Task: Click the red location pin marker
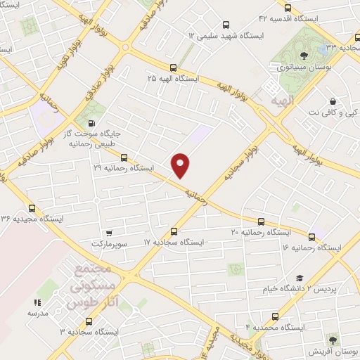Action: click(181, 165)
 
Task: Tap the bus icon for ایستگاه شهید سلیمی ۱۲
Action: click(225, 22)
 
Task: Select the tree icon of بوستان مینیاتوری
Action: click(302, 55)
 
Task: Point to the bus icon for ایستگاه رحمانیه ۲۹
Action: click(124, 157)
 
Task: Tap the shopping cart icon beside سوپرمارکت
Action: click(108, 233)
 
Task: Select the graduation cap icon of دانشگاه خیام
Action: click(300, 278)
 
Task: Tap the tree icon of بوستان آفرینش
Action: click(333, 339)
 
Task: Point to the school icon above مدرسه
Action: click(33, 302)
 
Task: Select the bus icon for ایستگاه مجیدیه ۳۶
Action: click(32, 208)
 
